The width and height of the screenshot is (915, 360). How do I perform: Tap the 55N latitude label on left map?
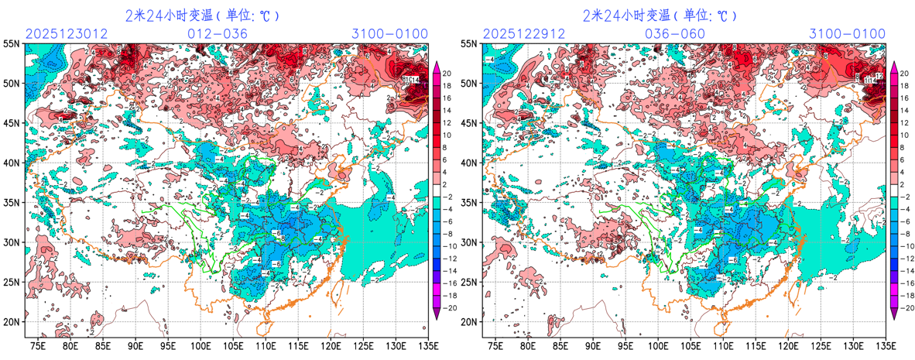(x=12, y=46)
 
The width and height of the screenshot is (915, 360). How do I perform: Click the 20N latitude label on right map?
(x=470, y=321)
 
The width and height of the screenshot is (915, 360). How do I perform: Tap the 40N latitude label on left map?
(x=12, y=163)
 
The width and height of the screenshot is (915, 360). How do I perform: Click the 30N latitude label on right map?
(x=470, y=242)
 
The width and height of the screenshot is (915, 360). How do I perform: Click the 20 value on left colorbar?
(x=450, y=73)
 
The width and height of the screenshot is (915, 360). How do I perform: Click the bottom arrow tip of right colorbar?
(x=895, y=317)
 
